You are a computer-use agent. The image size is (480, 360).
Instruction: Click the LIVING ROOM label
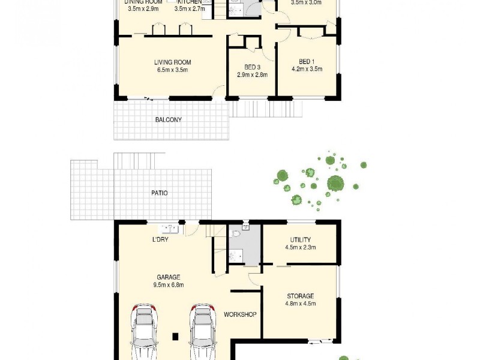click(x=172, y=62)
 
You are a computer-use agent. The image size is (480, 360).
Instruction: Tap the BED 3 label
click(x=252, y=67)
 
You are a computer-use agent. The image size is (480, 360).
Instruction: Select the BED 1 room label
click(x=307, y=62)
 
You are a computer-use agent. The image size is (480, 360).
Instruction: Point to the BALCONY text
click(x=168, y=120)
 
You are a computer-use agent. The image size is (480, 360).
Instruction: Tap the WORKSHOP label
click(x=240, y=314)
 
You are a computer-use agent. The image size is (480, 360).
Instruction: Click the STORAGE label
click(x=300, y=296)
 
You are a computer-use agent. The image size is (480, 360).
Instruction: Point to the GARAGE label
click(x=169, y=277)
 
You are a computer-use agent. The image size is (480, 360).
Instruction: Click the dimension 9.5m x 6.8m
click(x=169, y=285)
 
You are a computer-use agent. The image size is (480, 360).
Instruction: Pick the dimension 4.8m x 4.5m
click(x=300, y=304)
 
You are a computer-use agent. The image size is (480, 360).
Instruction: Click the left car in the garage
click(x=145, y=332)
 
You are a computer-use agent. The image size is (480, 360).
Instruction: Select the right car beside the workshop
click(x=203, y=332)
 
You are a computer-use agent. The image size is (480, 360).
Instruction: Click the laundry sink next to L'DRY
click(x=168, y=229)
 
